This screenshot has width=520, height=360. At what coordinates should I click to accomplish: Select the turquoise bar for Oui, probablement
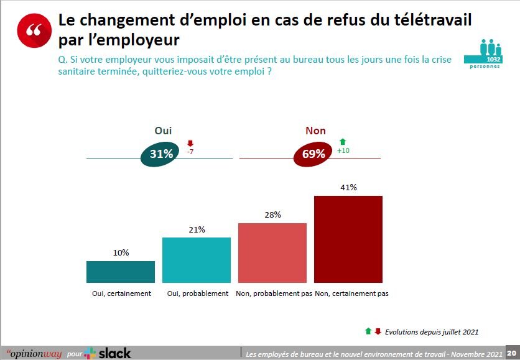pyautogui.click(x=196, y=260)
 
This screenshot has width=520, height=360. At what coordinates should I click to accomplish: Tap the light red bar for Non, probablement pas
pyautogui.click(x=272, y=252)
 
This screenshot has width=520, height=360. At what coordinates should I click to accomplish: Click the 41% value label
pyautogui.click(x=348, y=187)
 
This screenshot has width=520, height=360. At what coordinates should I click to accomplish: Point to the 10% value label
pyautogui.click(x=121, y=252)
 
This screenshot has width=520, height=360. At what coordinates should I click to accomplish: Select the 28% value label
pyautogui.click(x=272, y=215)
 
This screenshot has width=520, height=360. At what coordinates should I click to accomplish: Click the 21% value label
pyautogui.click(x=197, y=229)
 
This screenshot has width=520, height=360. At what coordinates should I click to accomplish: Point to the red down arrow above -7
pyautogui.click(x=190, y=142)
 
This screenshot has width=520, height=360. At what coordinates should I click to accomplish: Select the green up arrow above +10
pyautogui.click(x=342, y=142)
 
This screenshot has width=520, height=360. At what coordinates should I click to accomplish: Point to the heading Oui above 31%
pyautogui.click(x=163, y=131)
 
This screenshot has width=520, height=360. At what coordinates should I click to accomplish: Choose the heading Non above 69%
pyautogui.click(x=315, y=131)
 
